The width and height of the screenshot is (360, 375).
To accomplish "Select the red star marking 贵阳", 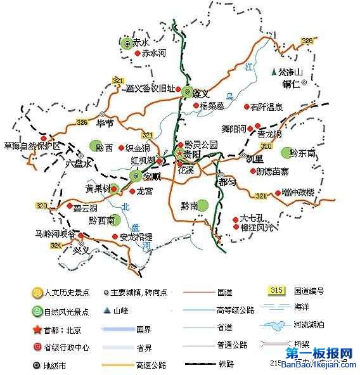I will click(x=180, y=154).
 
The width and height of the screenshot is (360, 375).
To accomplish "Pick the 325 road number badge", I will click(x=308, y=41).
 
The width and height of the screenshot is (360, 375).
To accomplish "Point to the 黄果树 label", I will click(x=98, y=188).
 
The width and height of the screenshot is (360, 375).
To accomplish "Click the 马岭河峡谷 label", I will click(x=55, y=233).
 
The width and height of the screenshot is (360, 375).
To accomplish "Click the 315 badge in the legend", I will click(x=276, y=291).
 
